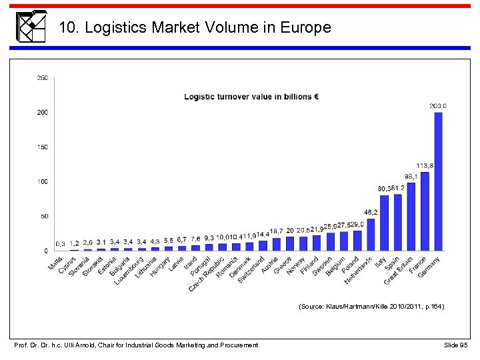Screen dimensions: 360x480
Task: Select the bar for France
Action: (425, 211)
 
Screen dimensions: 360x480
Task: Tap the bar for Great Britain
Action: (411, 217)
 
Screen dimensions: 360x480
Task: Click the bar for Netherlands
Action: (371, 235)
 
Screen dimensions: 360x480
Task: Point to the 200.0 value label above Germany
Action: (438, 106)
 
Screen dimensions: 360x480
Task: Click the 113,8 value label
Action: (425, 165)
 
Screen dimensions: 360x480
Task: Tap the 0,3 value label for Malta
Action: (61, 244)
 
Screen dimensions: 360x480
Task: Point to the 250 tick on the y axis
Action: (42, 78)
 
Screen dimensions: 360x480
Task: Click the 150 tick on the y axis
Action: (42, 147)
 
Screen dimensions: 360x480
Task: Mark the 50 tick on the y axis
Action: (44, 216)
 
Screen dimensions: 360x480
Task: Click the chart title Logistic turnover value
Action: (251, 97)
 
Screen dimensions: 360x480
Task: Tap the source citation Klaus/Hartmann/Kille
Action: (371, 307)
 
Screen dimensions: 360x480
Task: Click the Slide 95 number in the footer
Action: (457, 345)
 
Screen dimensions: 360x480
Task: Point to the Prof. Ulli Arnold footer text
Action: (136, 345)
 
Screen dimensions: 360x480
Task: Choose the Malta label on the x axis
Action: (56, 265)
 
